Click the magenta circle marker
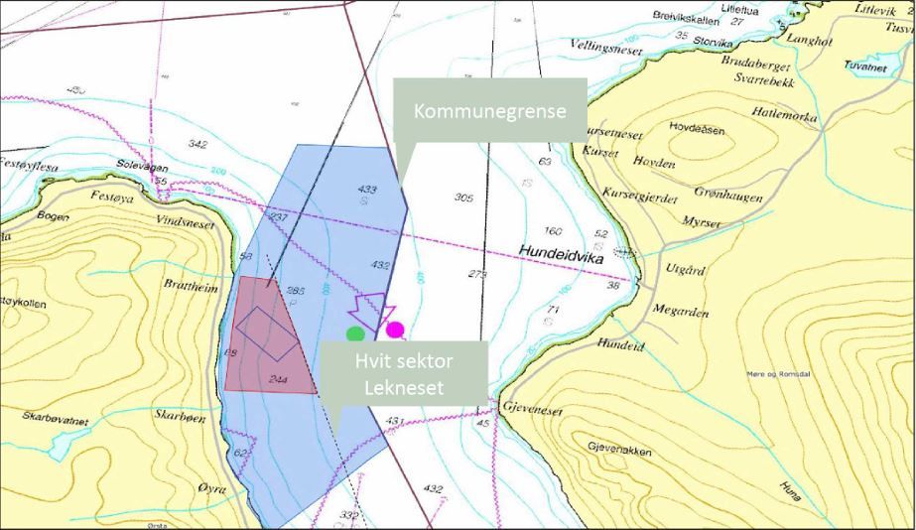pyautogui.click(x=395, y=330)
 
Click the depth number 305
pyautogui.click(x=463, y=198)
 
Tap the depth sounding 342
pyautogui.click(x=198, y=145)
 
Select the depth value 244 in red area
pyautogui.click(x=279, y=378)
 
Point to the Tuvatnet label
pyautogui.click(x=865, y=67)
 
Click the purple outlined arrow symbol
pyautogui.click(x=373, y=309)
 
